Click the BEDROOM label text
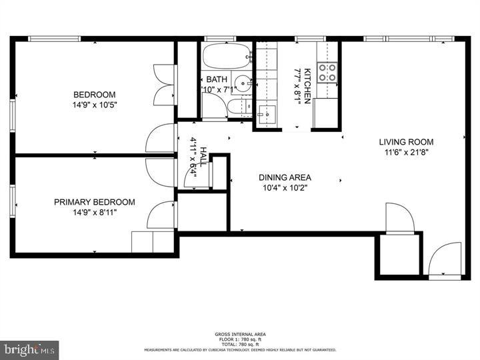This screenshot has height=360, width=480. [x=94, y=95]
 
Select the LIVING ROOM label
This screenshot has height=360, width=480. [x=406, y=142]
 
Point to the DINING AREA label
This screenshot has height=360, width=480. [x=285, y=178]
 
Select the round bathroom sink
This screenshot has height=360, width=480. [x=244, y=85]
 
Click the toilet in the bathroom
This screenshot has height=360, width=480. [x=239, y=107]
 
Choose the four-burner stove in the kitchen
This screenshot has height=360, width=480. [x=326, y=72]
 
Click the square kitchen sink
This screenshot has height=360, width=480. [x=267, y=115]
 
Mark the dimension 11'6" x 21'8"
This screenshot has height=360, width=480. [x=406, y=153]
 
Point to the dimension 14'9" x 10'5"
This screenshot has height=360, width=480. [x=94, y=105]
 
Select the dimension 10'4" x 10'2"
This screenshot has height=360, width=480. [x=285, y=188]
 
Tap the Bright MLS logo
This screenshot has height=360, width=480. [x=29, y=349]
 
